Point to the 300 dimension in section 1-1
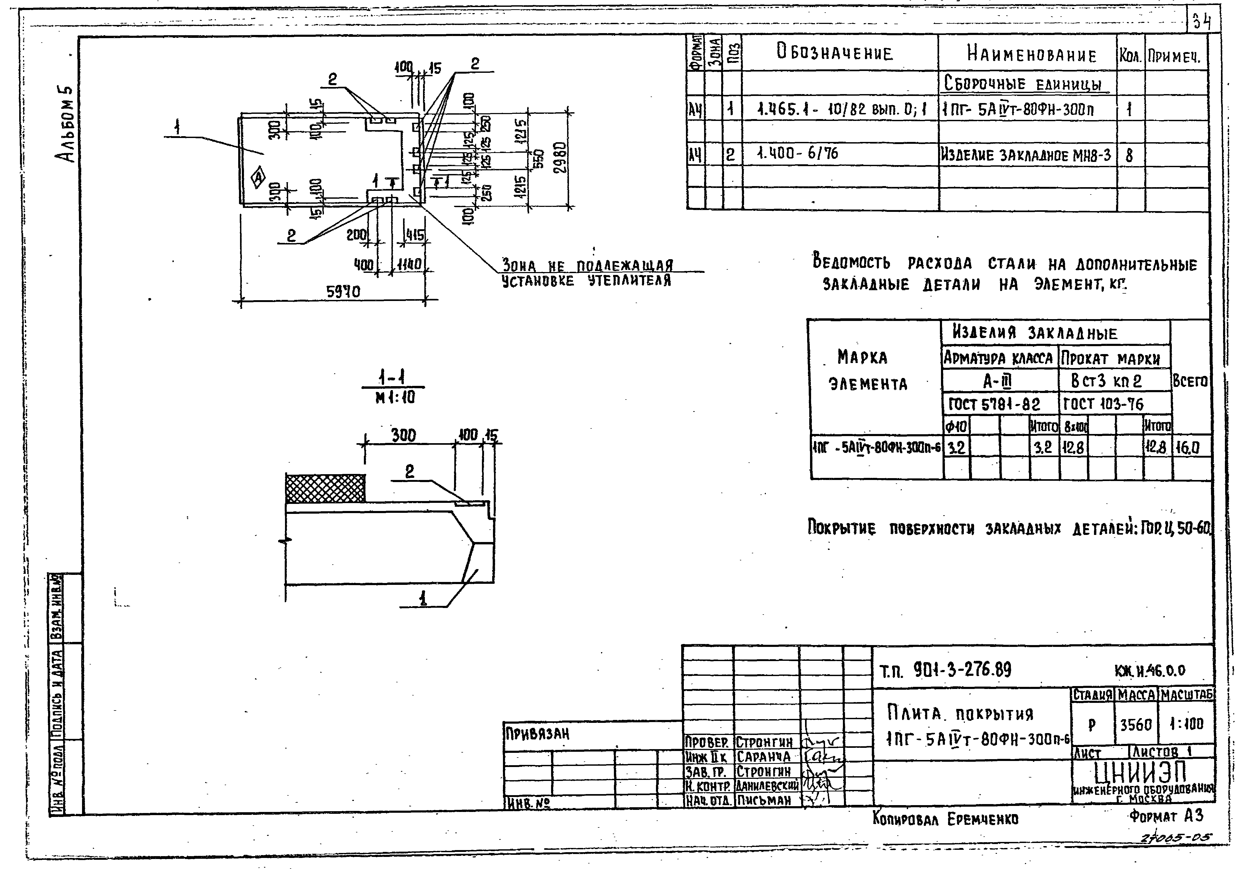pyautogui.click(x=404, y=435)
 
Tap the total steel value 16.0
pyautogui.click(x=1188, y=447)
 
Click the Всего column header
pyautogui.click(x=1189, y=381)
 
